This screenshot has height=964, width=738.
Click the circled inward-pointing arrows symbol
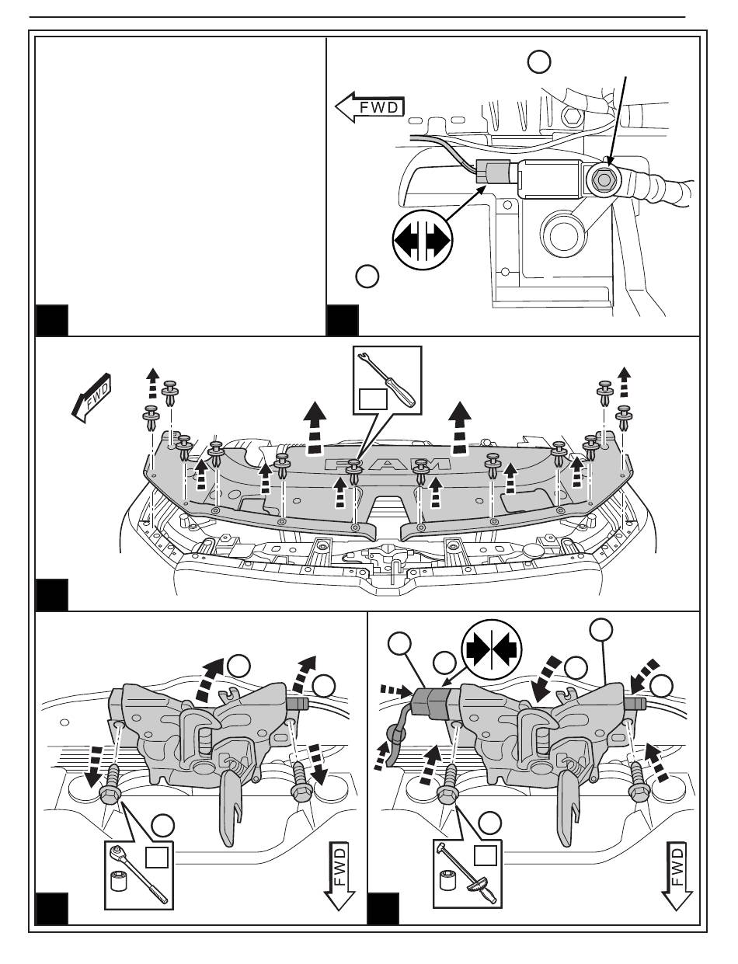[493, 644]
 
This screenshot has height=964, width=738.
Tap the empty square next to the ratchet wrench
[157, 858]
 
